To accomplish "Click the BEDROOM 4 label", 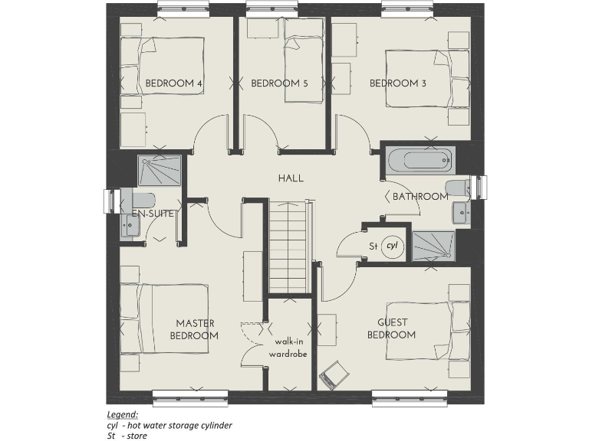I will [174, 83].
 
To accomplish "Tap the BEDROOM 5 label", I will [279, 83].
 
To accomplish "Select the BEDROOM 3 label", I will [397, 83].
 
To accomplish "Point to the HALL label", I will [291, 178].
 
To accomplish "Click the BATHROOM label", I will [420, 197].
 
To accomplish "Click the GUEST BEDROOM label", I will [392, 328].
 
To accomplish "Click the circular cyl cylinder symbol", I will [393, 246].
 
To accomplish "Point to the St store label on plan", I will [373, 247].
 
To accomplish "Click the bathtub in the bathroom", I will [417, 161].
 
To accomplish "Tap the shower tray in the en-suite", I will [160, 171].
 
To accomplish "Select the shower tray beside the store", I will [433, 246].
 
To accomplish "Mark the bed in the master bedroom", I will [173, 318].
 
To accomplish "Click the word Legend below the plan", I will [121, 413].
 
